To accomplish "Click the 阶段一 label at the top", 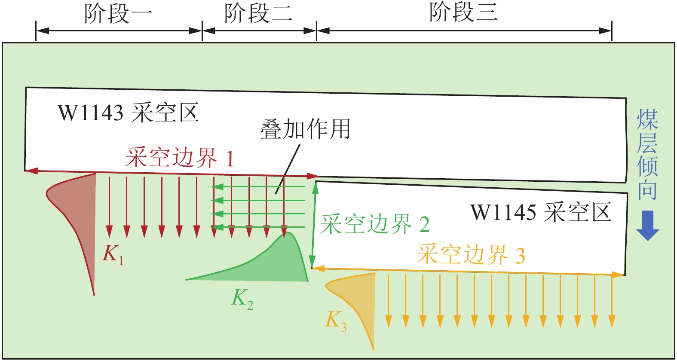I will coord(118,13).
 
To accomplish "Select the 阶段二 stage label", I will coord(258,13).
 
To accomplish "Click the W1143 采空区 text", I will coord(128,113).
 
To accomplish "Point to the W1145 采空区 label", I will coord(540,212).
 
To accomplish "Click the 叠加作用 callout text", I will coord(305,129).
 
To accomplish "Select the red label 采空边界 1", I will coord(180,158).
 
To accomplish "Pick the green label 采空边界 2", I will coord(375,224).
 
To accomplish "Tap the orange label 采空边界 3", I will coord(470,255).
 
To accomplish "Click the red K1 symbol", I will coord(113,253).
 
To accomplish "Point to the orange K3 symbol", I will coord(336,320).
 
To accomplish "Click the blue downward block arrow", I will coord(647,225).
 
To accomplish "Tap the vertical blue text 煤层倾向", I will coord(647,155).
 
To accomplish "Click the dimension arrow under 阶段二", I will coord(259,31).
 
